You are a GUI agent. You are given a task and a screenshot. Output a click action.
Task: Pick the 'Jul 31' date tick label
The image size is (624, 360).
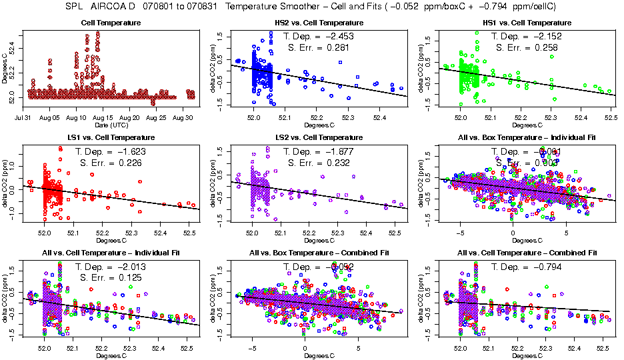pos(29,118)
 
